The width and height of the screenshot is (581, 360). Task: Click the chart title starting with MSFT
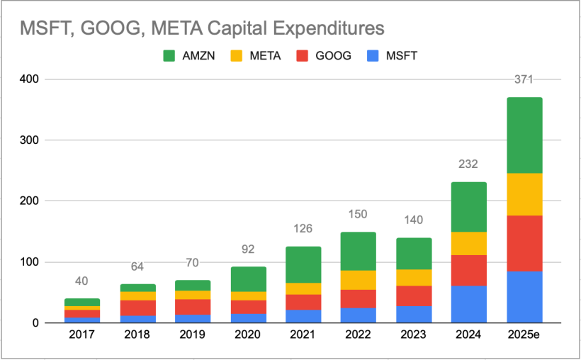click(201, 28)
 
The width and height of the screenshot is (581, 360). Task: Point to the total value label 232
click(468, 164)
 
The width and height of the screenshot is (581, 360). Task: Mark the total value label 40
click(81, 281)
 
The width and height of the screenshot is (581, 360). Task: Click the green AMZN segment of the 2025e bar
click(524, 135)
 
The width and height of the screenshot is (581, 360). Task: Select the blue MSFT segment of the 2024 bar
click(468, 304)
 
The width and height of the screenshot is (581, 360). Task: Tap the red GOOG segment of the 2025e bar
click(524, 243)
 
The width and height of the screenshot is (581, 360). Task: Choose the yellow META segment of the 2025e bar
click(524, 194)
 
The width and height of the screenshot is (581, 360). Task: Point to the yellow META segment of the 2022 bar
click(358, 280)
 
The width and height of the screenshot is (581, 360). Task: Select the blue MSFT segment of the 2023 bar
click(413, 314)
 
